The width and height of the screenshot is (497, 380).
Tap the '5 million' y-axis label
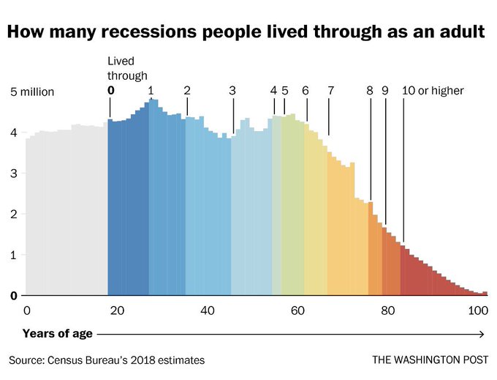click(32, 92)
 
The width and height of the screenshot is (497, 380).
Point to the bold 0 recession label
click(111, 91)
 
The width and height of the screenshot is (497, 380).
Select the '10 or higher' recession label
click(433, 91)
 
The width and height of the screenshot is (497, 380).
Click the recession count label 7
click(330, 91)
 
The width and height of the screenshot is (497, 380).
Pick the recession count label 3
click(232, 91)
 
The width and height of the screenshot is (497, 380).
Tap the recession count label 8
click(370, 91)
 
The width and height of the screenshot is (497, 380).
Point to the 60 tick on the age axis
click(297, 310)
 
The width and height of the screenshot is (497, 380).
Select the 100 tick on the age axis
click(478, 310)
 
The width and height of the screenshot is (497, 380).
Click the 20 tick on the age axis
click(117, 310)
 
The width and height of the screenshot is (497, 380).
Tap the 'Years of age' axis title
click(58, 334)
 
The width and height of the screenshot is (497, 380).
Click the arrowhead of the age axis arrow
click(482, 334)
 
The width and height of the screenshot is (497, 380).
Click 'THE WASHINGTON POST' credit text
click(429, 360)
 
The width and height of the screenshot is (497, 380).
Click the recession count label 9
click(384, 91)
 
